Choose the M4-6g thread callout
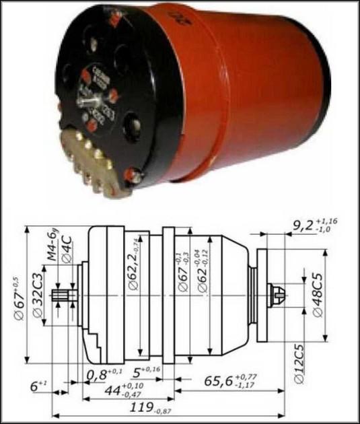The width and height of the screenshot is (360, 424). (48, 246)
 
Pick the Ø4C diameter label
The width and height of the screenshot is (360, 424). (65, 250)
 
